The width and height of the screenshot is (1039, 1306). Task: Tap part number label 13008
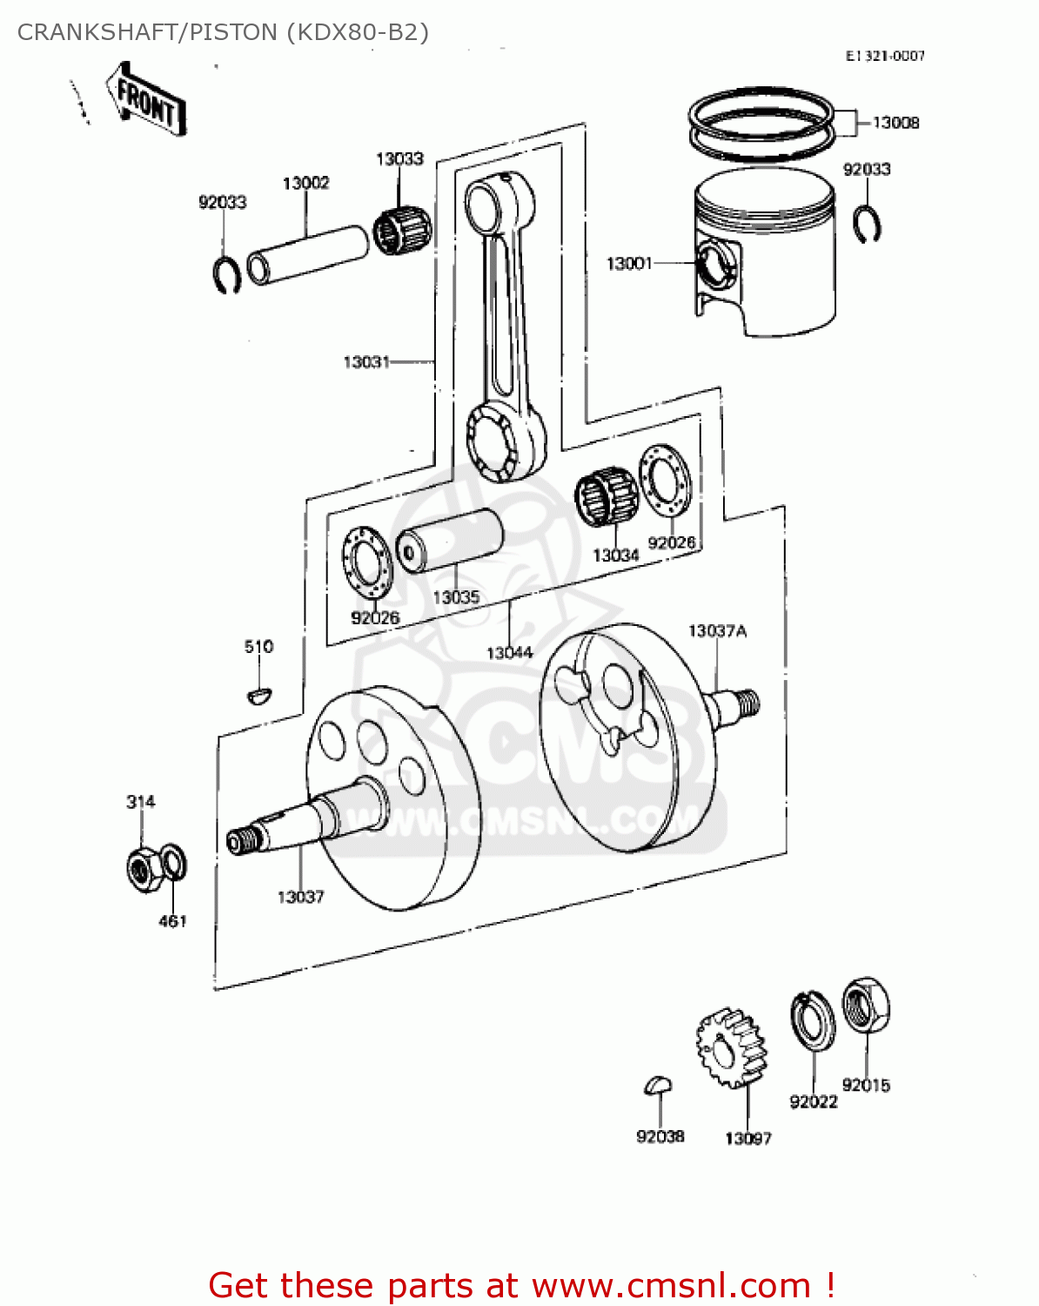tap(895, 123)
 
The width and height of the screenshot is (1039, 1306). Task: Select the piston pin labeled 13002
tap(308, 253)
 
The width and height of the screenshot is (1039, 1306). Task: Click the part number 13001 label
tap(628, 263)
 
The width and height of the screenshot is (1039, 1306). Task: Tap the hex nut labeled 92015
tap(866, 1005)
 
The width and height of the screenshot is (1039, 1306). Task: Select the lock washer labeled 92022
tap(812, 1020)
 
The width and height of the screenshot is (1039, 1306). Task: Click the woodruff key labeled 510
tap(258, 694)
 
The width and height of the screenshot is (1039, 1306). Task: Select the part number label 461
tap(172, 921)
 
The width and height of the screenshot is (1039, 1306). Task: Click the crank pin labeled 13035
tap(450, 540)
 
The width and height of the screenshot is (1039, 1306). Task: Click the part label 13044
tap(509, 652)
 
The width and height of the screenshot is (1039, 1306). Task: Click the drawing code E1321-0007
tap(885, 56)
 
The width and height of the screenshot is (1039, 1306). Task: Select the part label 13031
tap(366, 361)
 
